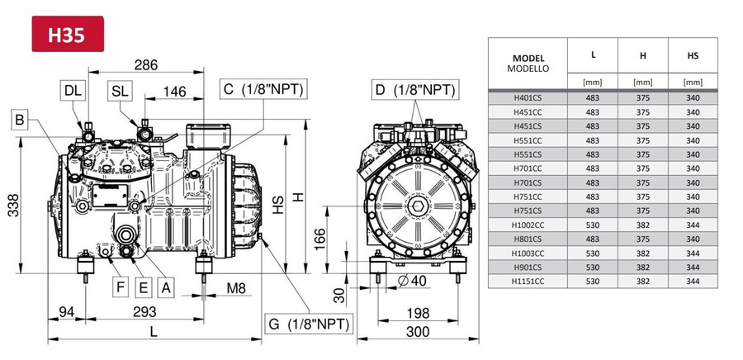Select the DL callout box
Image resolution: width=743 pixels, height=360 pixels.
tap(73, 90)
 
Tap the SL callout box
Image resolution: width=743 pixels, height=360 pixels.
tap(121, 90)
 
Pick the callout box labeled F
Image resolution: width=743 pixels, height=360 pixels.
tap(121, 287)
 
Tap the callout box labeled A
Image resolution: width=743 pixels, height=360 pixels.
tap(166, 287)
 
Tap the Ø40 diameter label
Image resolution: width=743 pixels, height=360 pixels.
tap(412, 281)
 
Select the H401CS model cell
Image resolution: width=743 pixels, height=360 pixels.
tap(528, 97)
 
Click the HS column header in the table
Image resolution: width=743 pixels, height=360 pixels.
tap(693, 55)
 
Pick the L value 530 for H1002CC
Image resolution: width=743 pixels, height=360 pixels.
tap(593, 225)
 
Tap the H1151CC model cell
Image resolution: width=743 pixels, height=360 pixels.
tap(528, 282)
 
